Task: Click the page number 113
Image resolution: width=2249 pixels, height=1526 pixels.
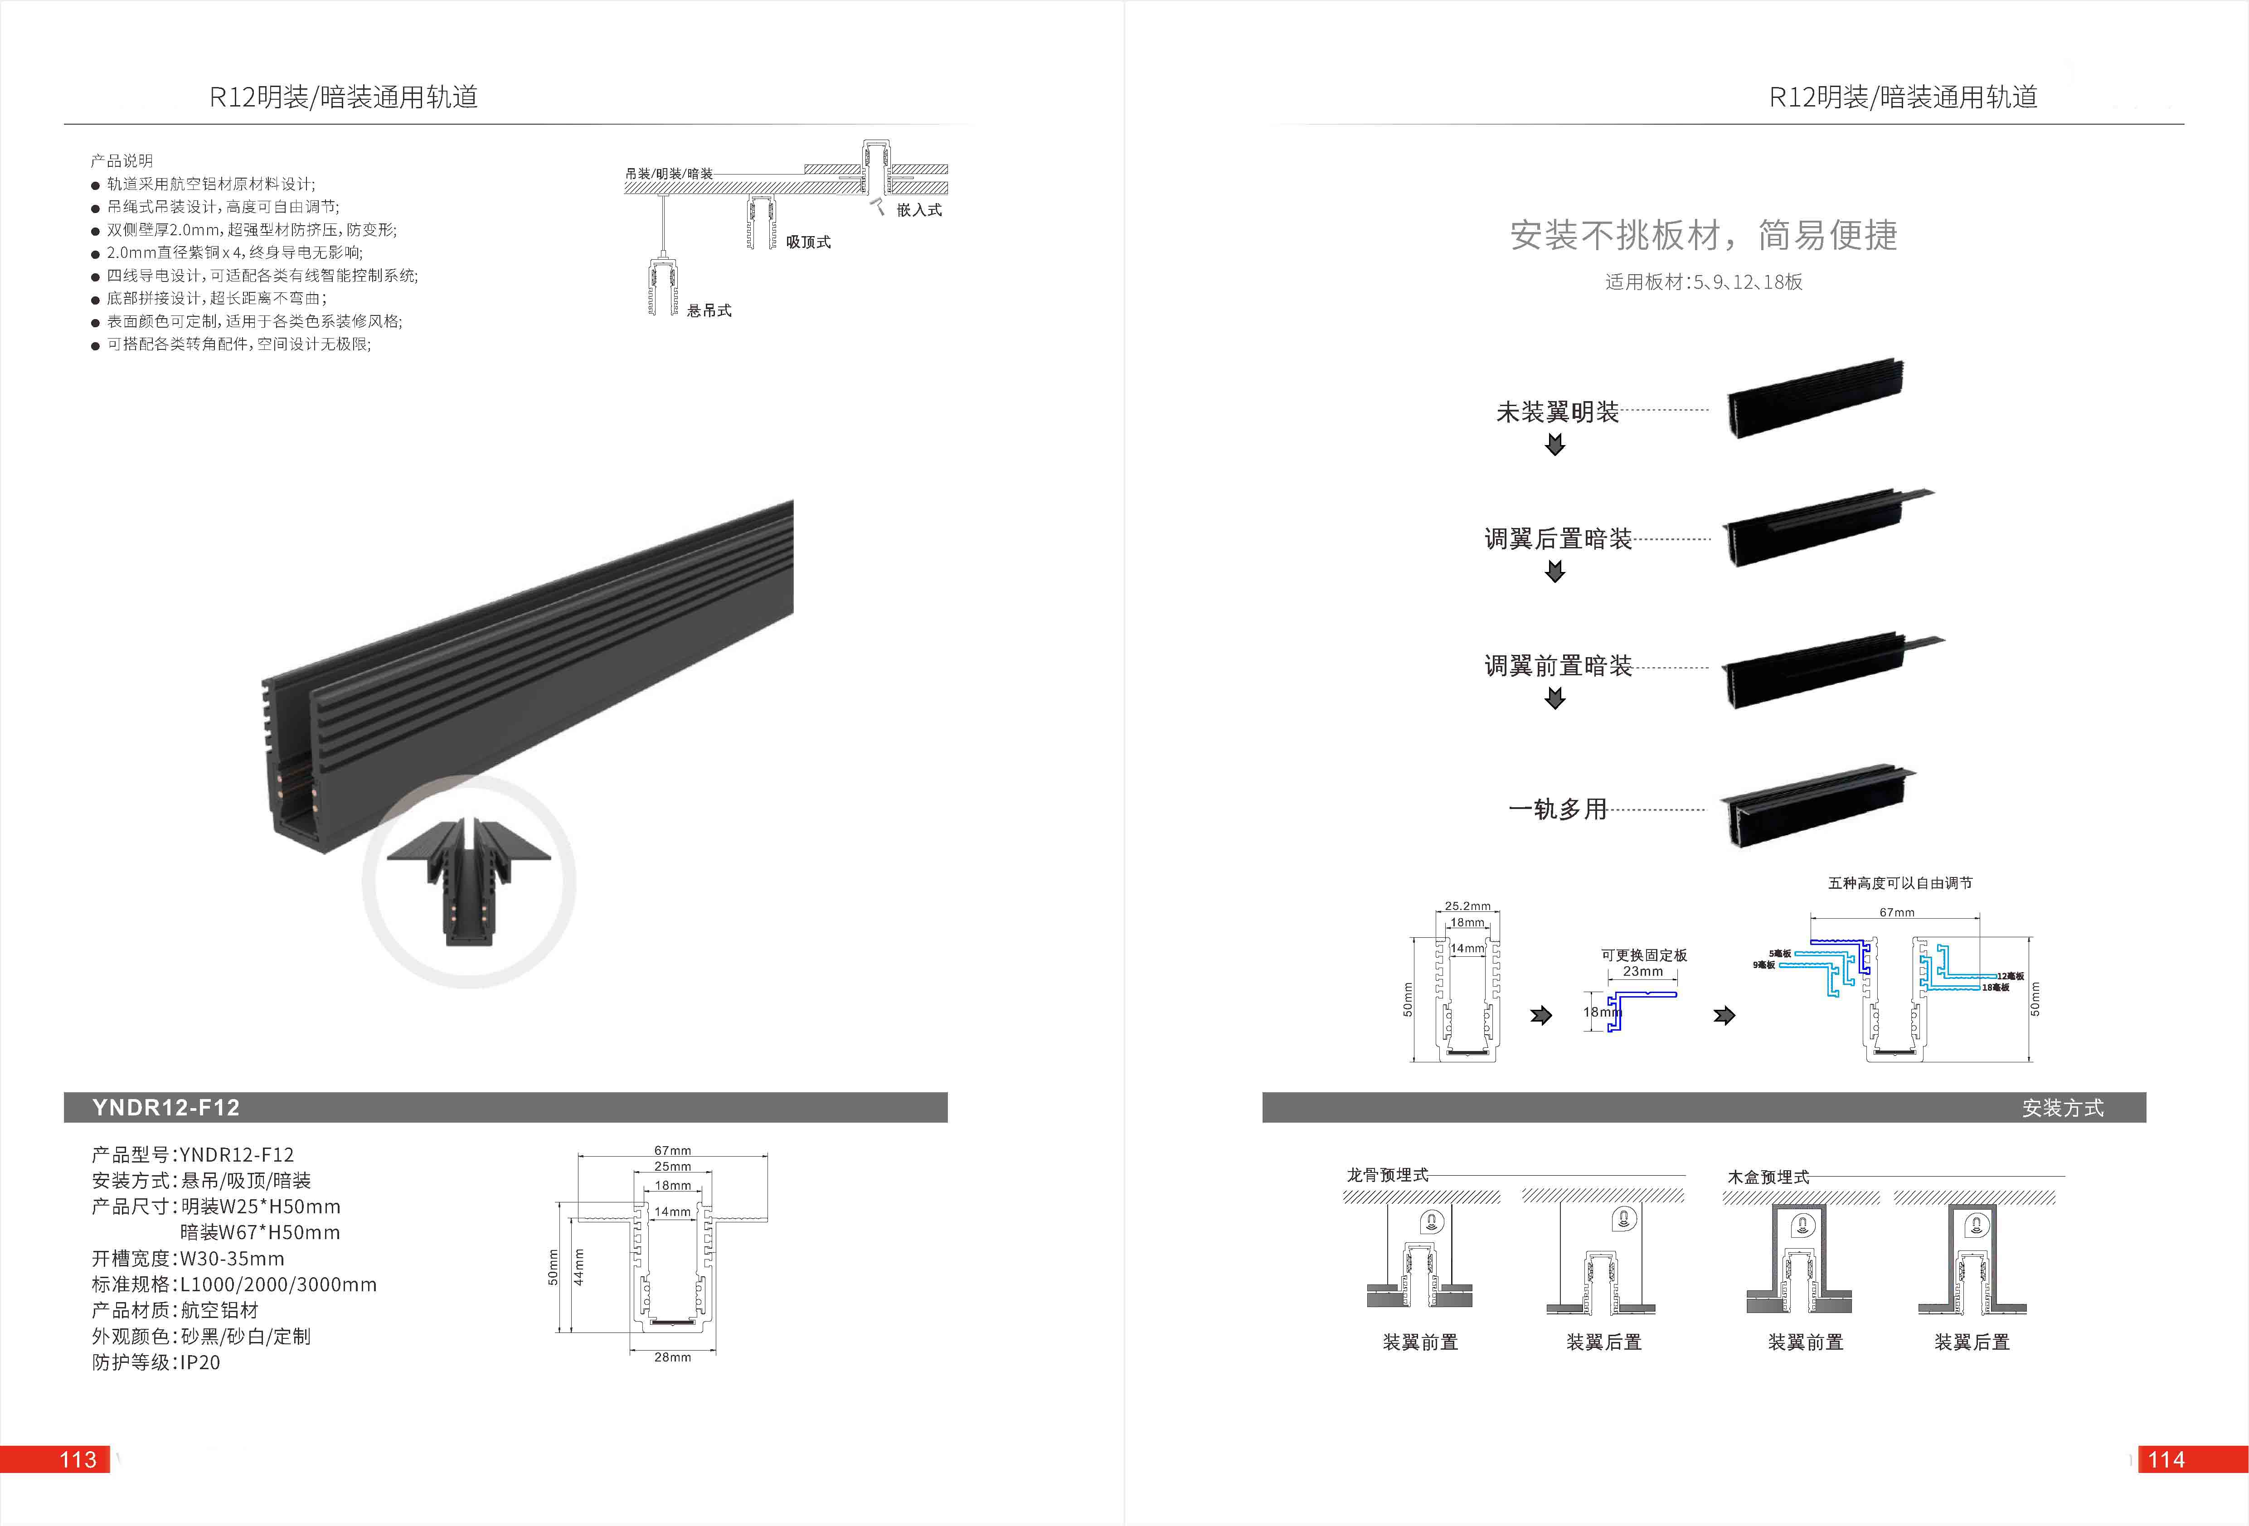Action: click(78, 1459)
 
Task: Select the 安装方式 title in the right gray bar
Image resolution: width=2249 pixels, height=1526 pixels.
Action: click(2062, 1108)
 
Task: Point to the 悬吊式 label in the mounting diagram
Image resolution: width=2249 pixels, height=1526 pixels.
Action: click(709, 310)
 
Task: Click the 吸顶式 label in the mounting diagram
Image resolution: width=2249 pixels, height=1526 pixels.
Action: click(808, 242)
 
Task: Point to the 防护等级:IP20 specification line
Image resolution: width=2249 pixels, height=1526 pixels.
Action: click(156, 1362)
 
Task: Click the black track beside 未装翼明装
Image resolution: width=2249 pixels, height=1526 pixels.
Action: click(1815, 399)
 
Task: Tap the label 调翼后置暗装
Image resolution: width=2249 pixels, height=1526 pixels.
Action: click(1558, 539)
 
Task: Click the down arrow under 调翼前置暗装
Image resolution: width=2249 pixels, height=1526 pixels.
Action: click(1555, 699)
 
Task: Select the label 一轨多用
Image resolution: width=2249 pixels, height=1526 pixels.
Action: click(1557, 809)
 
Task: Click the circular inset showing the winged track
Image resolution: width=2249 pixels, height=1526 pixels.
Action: click(469, 881)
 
